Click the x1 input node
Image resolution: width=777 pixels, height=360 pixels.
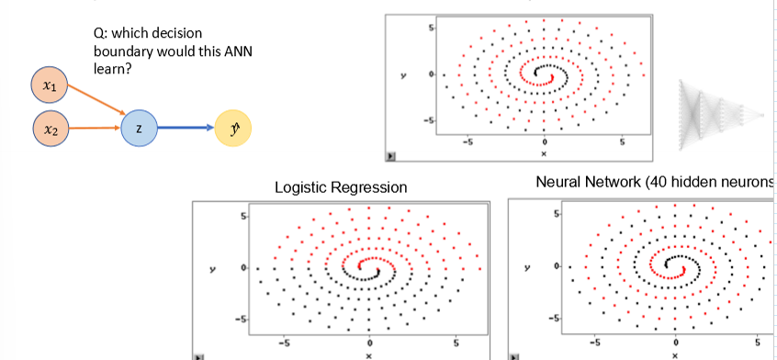48,86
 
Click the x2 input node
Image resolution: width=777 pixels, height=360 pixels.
48,130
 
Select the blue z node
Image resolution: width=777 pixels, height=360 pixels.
138,130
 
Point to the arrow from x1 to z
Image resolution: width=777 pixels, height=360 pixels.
95,100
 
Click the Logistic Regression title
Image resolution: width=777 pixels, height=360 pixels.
342,187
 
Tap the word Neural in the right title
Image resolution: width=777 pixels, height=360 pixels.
559,185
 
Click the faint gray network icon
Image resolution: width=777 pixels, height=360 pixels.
721,111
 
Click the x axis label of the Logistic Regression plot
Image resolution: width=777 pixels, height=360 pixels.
368,354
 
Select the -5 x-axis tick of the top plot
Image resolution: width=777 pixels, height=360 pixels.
467,142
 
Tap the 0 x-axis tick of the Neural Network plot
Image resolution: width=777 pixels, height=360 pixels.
675,342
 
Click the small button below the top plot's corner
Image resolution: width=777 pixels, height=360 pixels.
390,157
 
